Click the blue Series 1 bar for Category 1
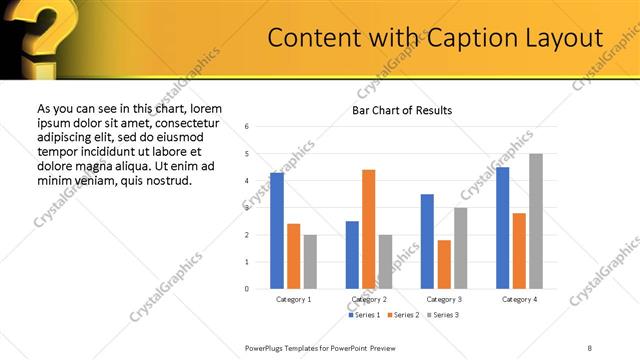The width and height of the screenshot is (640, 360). (x=277, y=231)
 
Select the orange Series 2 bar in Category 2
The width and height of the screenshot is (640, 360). (x=368, y=229)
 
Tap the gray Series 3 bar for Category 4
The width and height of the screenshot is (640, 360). (x=536, y=221)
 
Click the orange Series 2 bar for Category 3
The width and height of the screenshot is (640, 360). (x=444, y=264)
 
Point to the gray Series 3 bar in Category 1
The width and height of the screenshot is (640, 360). (x=310, y=262)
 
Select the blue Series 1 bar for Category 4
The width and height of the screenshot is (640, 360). (x=502, y=228)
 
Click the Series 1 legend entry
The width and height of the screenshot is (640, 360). (x=364, y=315)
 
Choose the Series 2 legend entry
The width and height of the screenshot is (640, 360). (x=402, y=315)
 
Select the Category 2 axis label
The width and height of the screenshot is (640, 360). (x=369, y=299)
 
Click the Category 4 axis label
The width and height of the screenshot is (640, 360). (x=519, y=299)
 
